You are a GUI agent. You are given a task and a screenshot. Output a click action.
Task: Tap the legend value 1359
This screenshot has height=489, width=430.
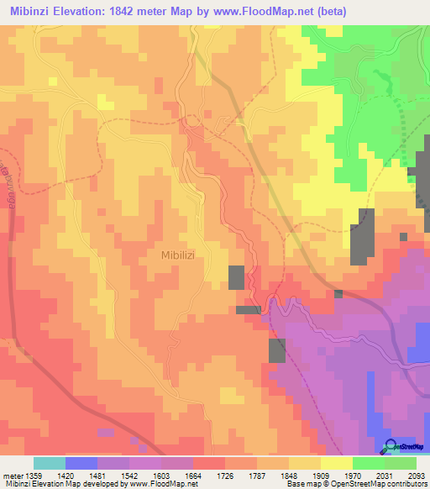tap(34, 475)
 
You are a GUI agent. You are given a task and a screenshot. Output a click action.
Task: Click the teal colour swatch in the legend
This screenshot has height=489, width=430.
tap(50, 463)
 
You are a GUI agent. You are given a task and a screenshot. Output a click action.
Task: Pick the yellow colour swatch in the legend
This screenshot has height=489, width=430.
tap(336, 463)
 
